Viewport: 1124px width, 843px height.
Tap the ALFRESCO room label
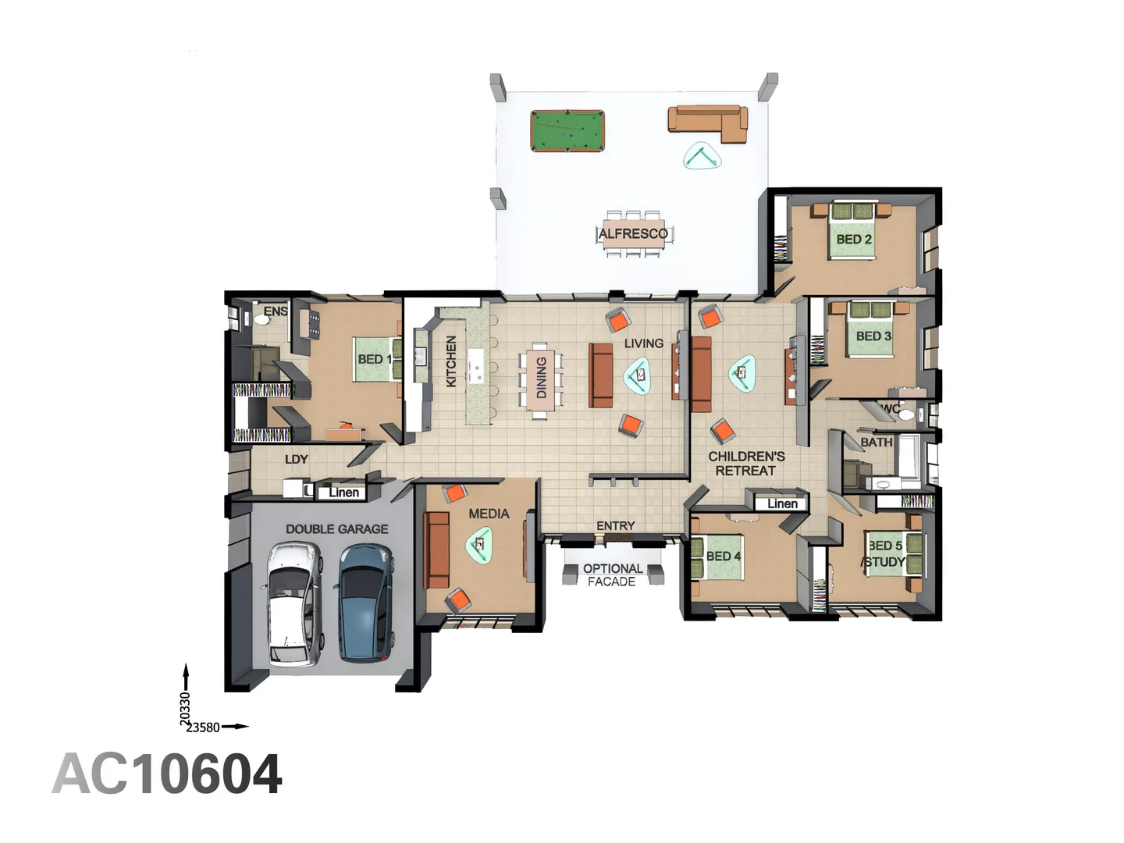point(633,233)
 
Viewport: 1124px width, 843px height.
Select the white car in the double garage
point(294,604)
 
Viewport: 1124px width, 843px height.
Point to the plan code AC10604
point(167,774)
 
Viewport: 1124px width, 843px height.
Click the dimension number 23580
point(203,727)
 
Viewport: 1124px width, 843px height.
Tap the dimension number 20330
point(185,709)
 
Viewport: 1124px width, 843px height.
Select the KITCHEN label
point(451,361)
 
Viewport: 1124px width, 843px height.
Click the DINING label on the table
point(541,378)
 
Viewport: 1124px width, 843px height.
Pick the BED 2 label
point(854,239)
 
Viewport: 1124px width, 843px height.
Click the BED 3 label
point(873,336)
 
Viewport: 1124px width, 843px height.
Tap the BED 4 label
point(723,556)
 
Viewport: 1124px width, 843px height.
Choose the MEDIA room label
point(489,514)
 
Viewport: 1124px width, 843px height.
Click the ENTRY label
point(615,526)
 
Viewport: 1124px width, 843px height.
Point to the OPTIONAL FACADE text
point(613,575)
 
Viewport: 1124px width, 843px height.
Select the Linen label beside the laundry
point(343,492)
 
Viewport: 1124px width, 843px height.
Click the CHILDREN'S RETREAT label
point(746,464)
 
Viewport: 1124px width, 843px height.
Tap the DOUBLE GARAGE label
point(336,529)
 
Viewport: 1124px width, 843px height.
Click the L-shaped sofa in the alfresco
point(709,122)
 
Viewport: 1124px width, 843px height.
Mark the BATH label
point(876,442)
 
